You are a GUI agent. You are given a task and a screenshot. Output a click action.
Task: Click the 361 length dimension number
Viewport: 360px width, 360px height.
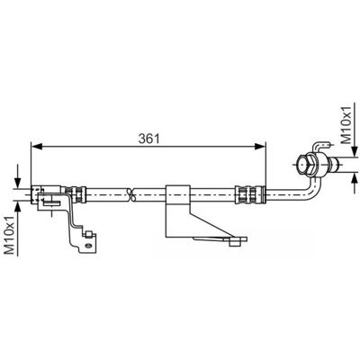click(x=148, y=139)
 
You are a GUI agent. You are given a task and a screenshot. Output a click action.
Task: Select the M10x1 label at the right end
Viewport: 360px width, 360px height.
click(x=346, y=124)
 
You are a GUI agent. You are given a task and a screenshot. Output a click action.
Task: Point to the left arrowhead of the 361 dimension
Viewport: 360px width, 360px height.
click(x=36, y=146)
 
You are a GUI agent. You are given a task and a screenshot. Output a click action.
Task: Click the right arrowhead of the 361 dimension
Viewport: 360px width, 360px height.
click(x=260, y=146)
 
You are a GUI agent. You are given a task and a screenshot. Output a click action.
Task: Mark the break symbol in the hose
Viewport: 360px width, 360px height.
click(x=130, y=194)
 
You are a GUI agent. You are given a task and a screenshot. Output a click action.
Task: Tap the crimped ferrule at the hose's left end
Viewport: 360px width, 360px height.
click(x=74, y=194)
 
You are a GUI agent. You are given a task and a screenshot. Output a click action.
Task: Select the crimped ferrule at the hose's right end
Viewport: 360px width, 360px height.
click(x=250, y=194)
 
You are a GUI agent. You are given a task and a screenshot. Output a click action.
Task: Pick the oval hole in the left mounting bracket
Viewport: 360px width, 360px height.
click(x=88, y=246)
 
